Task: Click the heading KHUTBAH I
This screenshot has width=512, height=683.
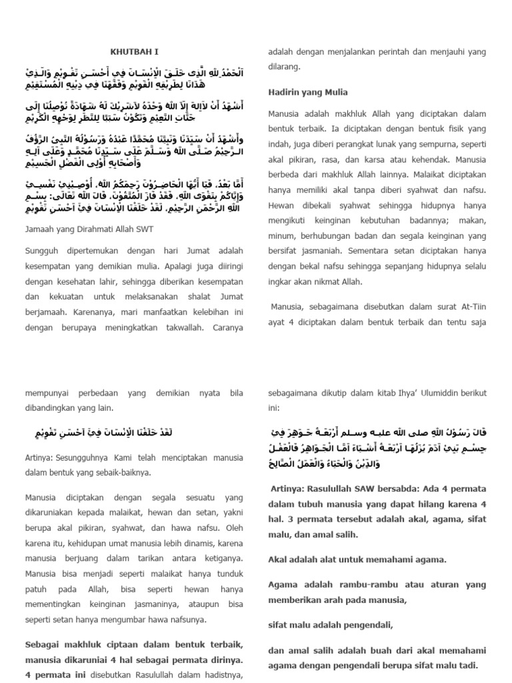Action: click(135, 51)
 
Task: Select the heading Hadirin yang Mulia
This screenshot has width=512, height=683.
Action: click(307, 92)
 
